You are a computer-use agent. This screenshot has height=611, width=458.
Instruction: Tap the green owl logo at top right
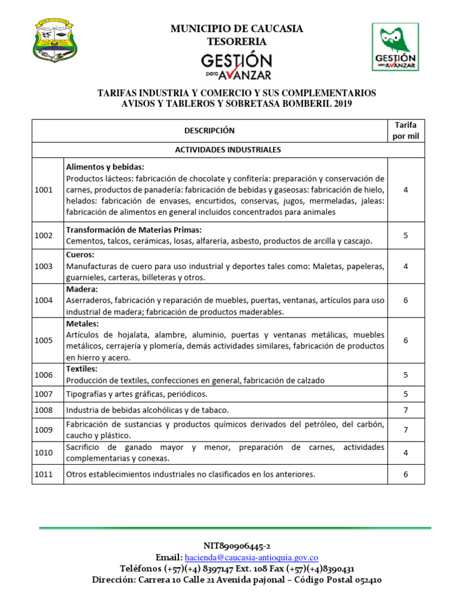pyautogui.click(x=395, y=47)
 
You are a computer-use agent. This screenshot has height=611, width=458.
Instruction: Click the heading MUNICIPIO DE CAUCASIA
pyautogui.click(x=237, y=29)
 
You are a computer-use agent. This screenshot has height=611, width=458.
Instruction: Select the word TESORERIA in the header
pyautogui.click(x=237, y=41)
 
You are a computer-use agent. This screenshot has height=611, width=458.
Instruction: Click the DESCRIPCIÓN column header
pyautogui.click(x=209, y=131)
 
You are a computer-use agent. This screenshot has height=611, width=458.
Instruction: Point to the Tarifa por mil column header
pyautogui.click(x=406, y=130)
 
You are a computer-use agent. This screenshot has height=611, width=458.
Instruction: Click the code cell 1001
pyautogui.click(x=44, y=189)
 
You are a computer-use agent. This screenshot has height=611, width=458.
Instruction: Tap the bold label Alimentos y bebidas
pyautogui.click(x=106, y=167)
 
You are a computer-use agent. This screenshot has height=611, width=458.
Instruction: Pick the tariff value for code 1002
pyautogui.click(x=406, y=235)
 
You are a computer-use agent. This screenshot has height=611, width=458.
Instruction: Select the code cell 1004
pyautogui.click(x=44, y=300)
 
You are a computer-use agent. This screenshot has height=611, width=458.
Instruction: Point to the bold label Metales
pyautogui.click(x=81, y=323)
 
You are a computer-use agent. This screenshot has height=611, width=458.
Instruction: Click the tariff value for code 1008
pyautogui.click(x=406, y=410)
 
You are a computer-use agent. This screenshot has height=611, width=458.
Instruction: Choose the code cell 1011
pyautogui.click(x=44, y=474)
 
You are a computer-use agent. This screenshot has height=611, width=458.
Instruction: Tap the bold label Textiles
pyautogui.click(x=82, y=369)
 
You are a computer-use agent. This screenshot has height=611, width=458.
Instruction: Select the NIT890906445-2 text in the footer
pyautogui.click(x=237, y=546)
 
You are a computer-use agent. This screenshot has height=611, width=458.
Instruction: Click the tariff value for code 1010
pyautogui.click(x=406, y=453)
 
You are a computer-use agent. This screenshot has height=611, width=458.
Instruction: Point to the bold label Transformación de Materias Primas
pyautogui.click(x=134, y=230)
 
